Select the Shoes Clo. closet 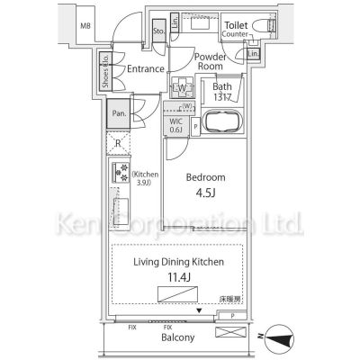(106, 72)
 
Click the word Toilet (237, 26)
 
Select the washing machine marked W (183, 89)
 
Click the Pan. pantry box (118, 114)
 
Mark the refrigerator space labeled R (118, 143)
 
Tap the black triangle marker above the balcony (200, 311)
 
